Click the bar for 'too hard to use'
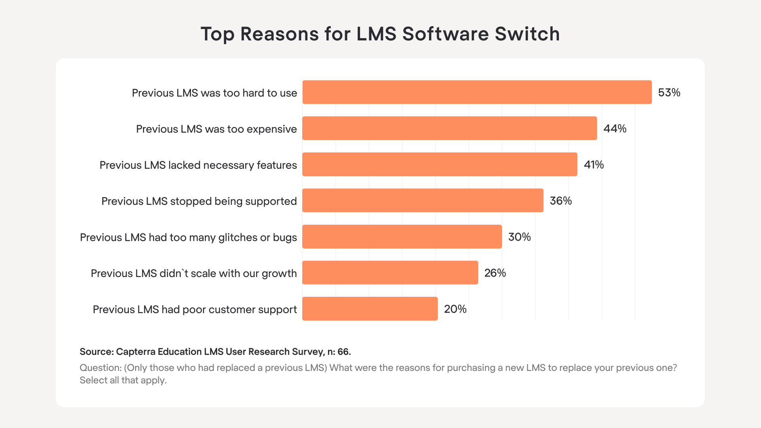[x=477, y=92]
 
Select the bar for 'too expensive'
[x=450, y=128]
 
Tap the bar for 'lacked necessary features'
[x=440, y=164]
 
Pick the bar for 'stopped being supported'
[x=423, y=201]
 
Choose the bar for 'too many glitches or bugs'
[x=402, y=237]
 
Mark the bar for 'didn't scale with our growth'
[x=390, y=273]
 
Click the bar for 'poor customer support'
[x=370, y=309]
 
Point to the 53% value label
[x=669, y=93]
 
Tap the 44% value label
[x=615, y=129]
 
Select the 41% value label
[x=593, y=165]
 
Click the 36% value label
[x=561, y=201]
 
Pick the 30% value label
[x=519, y=237]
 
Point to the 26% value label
[x=495, y=273]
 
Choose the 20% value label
[x=455, y=309]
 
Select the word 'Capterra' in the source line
[x=135, y=352]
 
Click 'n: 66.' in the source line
[x=339, y=352]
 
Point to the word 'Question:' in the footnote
[x=101, y=368]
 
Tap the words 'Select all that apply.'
[x=123, y=380]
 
